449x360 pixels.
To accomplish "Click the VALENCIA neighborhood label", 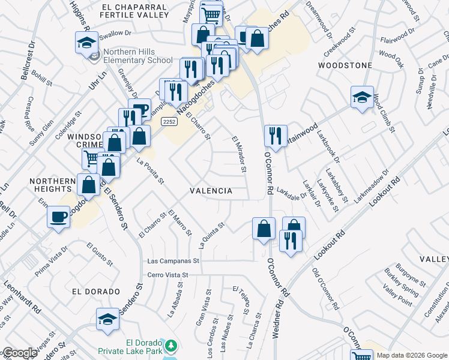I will (x=211, y=191).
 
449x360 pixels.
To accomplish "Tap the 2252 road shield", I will (x=169, y=121).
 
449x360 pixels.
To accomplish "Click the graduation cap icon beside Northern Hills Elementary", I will (x=86, y=43).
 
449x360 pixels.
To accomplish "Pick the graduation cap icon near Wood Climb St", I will (x=362, y=97).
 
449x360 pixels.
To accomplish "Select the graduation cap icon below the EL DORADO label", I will (x=107, y=319).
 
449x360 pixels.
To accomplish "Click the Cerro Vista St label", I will (x=168, y=275).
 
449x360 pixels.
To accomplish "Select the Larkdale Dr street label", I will (x=292, y=195).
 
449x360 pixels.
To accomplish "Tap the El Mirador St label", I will (x=240, y=154).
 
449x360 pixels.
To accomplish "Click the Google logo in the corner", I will (x=20, y=353).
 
